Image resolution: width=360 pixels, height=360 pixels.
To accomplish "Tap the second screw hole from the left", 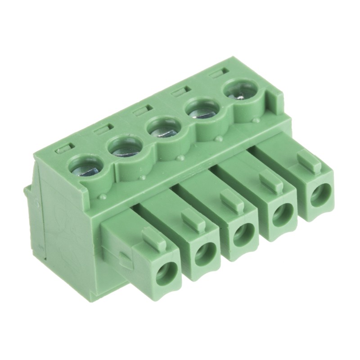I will [124, 147].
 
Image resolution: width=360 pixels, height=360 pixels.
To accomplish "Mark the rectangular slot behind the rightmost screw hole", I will [219, 72].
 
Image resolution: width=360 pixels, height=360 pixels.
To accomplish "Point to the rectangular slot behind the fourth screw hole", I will [180, 91].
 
